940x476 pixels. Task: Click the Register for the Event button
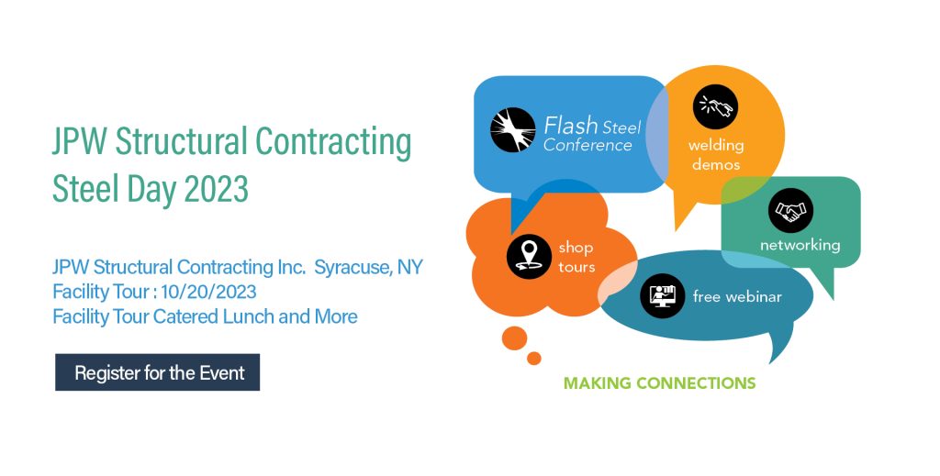[x=157, y=372]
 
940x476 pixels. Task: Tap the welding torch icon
[x=715, y=106]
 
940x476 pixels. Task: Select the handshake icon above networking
[x=790, y=210]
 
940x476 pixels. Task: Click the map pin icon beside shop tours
[x=529, y=256]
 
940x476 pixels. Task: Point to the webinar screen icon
[x=662, y=295]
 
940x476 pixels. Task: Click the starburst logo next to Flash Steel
[x=512, y=130]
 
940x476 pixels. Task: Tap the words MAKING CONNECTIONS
[x=659, y=382]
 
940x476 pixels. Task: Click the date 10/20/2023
[x=208, y=292]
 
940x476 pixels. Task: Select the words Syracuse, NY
[x=369, y=267]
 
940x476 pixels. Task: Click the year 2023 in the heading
[x=217, y=189]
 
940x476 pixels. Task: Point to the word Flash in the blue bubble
[x=571, y=125]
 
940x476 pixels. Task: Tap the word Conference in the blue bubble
[x=587, y=145]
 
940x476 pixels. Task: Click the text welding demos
[x=716, y=154]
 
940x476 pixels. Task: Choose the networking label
[x=800, y=245]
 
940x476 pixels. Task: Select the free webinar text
[x=737, y=295]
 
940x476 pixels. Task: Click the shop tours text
[x=576, y=257]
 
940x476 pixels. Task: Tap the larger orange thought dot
[x=514, y=338]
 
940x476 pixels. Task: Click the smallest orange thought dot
[x=533, y=358]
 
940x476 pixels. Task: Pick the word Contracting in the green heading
[x=333, y=141]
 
